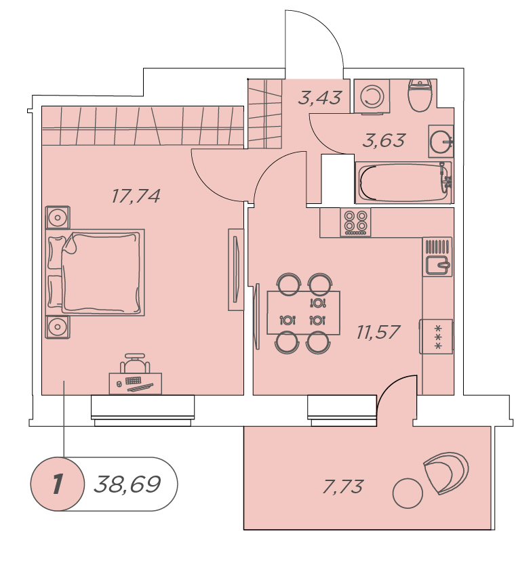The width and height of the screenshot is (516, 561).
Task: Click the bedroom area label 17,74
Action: pos(136,196)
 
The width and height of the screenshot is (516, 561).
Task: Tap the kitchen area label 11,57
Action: pos(378,332)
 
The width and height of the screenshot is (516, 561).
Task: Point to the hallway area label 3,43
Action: pos(320,98)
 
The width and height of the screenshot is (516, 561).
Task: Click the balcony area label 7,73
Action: pos(342,486)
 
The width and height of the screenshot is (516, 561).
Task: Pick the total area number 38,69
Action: pos(127,484)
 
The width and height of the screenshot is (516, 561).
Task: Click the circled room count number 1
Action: pos(57,484)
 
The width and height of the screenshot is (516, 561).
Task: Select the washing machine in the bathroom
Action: pos(372,97)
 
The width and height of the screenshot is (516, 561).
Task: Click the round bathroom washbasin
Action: pos(441,142)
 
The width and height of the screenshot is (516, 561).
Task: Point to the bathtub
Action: pos(404,182)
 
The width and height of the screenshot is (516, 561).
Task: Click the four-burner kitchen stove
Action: pos(355,222)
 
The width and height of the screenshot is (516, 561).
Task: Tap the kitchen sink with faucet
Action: pos(437,257)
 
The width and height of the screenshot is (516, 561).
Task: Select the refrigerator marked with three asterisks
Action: pos(437,336)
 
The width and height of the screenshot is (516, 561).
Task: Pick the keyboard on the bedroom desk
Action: pos(133,380)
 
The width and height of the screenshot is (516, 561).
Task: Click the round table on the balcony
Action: pos(408,493)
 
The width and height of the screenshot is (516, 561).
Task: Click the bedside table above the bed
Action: pos(57,217)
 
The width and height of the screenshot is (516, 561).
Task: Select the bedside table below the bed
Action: pos(57,327)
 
